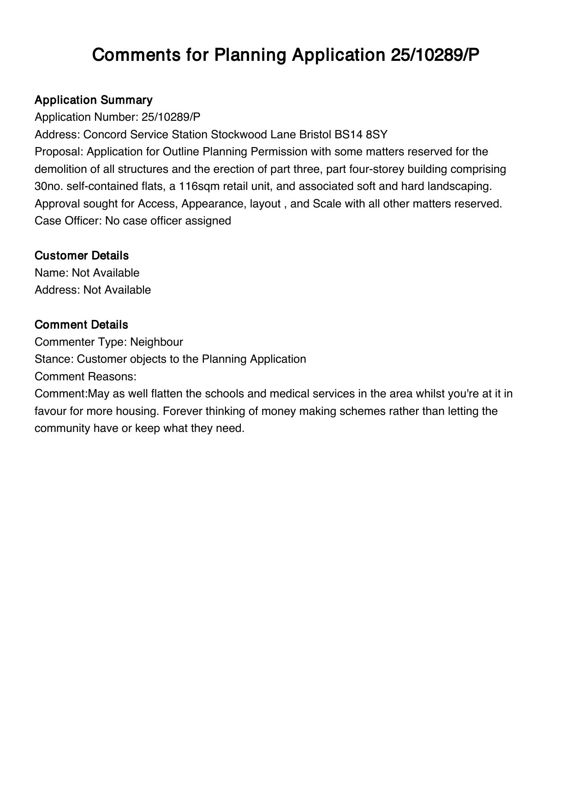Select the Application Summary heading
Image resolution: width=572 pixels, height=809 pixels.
pos(94,100)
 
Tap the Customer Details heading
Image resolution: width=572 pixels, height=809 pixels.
pos(82,255)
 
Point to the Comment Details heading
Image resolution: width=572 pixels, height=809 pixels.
pos(81,325)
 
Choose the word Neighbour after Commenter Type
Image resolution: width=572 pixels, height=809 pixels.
pos(156,342)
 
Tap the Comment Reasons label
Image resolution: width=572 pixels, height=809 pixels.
pos(85,377)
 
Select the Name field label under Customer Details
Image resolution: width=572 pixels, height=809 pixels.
pos(52,273)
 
